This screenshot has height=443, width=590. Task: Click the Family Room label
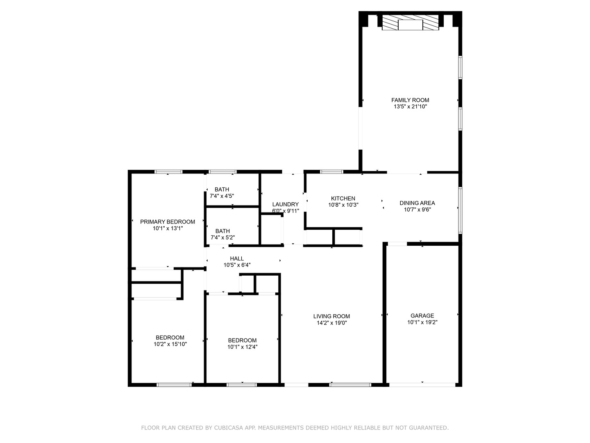(410, 100)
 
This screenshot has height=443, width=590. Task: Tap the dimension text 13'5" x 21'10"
(410, 107)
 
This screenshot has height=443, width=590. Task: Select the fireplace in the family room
(411, 22)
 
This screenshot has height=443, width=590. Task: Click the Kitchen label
(343, 199)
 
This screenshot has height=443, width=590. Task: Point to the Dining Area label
(417, 203)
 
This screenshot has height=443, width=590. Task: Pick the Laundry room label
(286, 204)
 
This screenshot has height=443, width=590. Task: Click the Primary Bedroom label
(168, 222)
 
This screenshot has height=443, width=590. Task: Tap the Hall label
(237, 258)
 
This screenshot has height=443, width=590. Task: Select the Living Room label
(332, 316)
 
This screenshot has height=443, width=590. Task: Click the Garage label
(422, 316)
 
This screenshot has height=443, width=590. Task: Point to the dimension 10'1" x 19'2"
(422, 322)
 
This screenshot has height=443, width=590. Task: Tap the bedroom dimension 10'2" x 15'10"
(170, 344)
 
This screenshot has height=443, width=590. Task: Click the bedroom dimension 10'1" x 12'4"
(242, 347)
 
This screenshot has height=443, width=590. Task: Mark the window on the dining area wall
(460, 210)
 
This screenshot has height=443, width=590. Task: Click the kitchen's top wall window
(332, 171)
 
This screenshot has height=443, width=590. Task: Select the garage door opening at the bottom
(422, 385)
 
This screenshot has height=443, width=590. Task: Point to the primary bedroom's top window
(168, 171)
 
